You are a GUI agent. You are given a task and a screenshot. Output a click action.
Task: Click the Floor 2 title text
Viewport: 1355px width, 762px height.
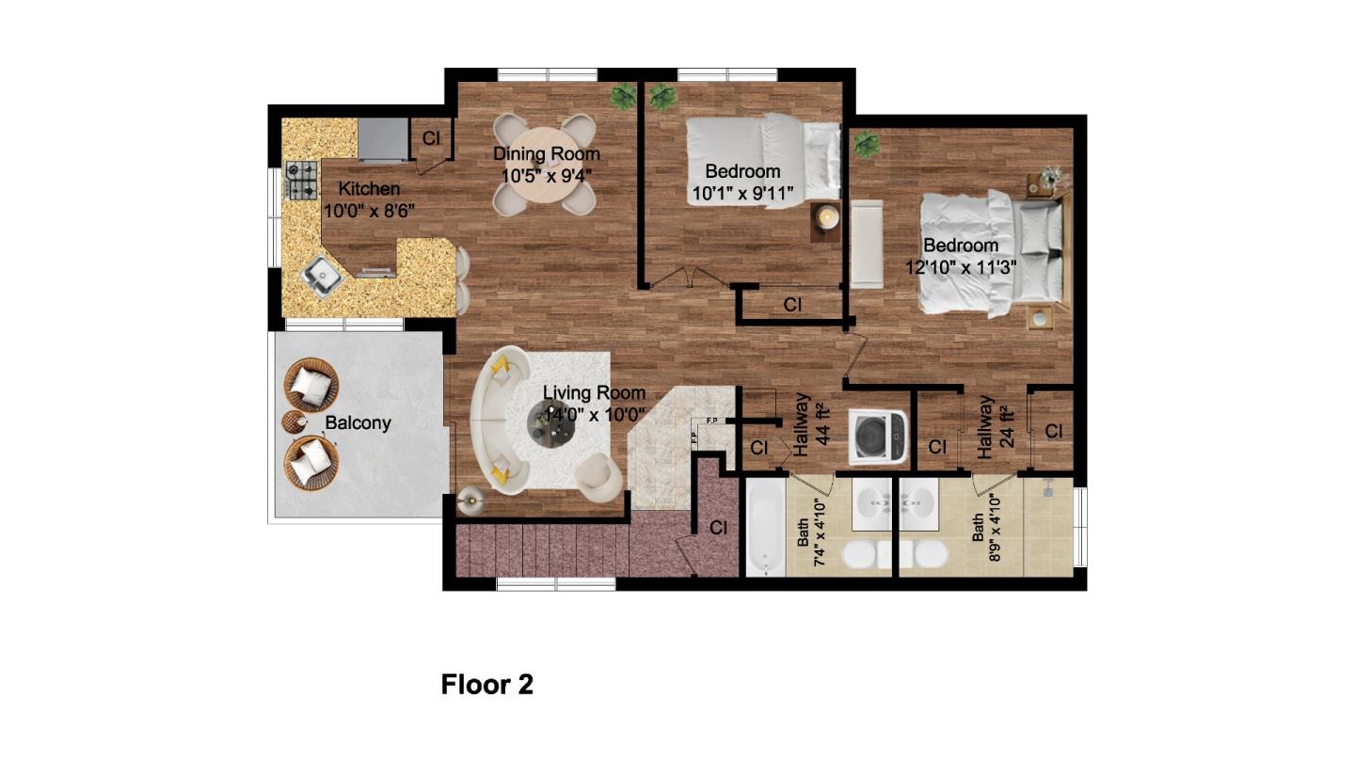click(x=486, y=685)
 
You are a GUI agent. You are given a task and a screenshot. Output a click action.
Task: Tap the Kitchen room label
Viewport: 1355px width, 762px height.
click(x=369, y=189)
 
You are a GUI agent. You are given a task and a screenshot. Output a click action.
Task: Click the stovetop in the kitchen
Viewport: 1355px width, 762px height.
click(x=302, y=181)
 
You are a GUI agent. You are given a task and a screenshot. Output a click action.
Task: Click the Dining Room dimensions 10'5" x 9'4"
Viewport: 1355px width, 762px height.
click(x=546, y=175)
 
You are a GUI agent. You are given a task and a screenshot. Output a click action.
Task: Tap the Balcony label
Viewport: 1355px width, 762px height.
click(x=358, y=423)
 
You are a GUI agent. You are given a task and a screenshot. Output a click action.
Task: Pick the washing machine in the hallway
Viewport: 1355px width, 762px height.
click(x=877, y=437)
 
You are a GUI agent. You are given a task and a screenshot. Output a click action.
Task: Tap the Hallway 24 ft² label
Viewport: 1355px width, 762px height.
click(x=994, y=427)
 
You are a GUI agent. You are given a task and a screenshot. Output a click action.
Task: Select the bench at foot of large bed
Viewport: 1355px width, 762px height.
click(x=865, y=245)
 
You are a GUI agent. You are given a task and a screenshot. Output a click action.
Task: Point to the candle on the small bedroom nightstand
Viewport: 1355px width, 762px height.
click(x=827, y=217)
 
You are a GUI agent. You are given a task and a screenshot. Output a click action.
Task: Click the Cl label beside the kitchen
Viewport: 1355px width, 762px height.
click(x=431, y=138)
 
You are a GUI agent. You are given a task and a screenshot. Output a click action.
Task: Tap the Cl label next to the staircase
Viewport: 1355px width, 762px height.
click(x=718, y=528)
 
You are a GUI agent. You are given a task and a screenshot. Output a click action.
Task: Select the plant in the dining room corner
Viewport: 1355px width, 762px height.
click(x=622, y=95)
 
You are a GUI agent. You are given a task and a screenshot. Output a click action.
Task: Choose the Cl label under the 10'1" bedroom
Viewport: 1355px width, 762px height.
click(x=792, y=305)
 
